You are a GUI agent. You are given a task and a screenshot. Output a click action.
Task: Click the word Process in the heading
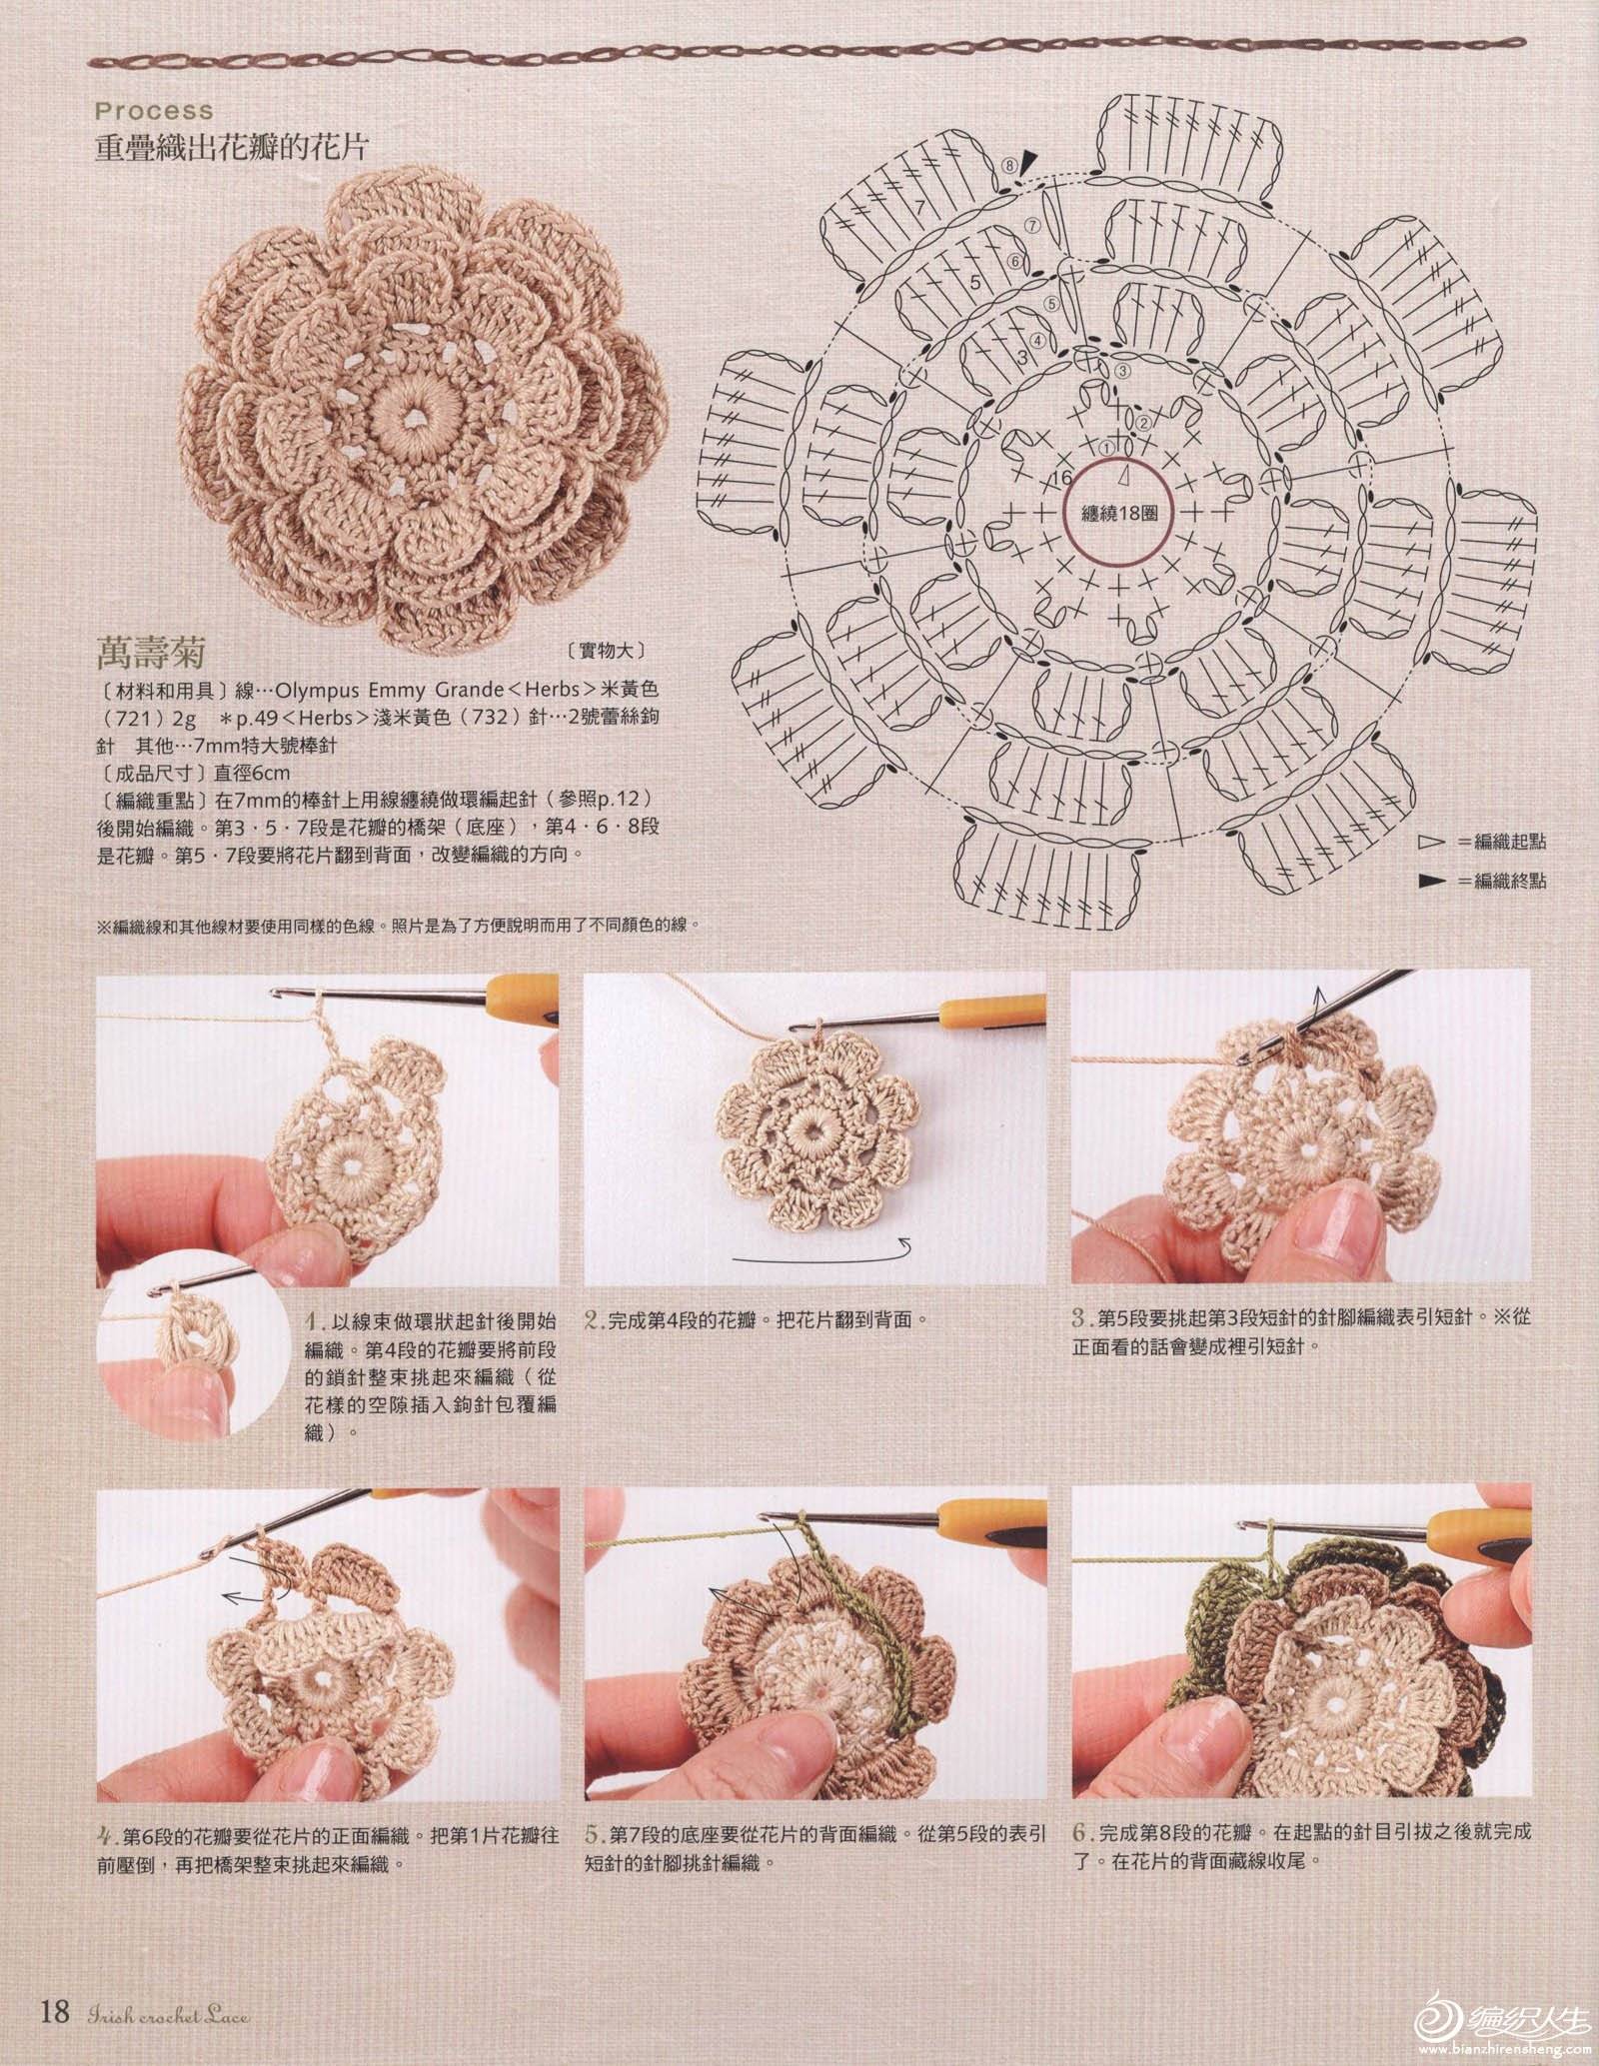click(x=155, y=110)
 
